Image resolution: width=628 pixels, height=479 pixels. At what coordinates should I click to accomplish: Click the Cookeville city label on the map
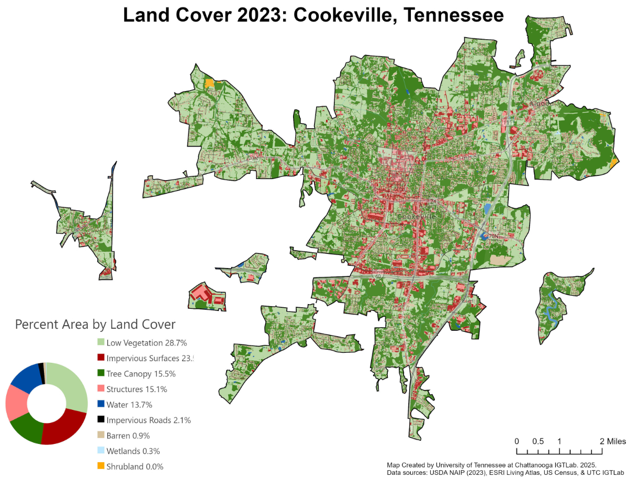point(417,216)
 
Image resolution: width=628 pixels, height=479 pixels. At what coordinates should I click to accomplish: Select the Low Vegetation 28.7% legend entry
point(147,343)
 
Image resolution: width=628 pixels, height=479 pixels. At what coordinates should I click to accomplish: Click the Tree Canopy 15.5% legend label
point(141,374)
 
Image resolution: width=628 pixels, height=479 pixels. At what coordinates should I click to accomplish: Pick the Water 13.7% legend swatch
point(100,405)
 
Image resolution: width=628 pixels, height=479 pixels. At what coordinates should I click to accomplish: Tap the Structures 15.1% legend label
point(141,389)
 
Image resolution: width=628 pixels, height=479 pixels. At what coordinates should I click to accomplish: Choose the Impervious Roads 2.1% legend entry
point(148,420)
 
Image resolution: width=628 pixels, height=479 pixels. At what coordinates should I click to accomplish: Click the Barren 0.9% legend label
point(128,436)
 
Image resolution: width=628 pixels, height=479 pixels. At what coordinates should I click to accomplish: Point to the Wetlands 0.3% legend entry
point(133,451)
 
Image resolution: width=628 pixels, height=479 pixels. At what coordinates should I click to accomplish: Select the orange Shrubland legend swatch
point(100,466)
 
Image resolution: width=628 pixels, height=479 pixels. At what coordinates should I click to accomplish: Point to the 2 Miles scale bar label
point(612,441)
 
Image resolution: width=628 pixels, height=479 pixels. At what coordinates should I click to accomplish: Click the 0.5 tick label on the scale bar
point(538,441)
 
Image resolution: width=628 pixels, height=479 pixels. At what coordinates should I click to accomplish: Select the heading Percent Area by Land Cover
point(95,325)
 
